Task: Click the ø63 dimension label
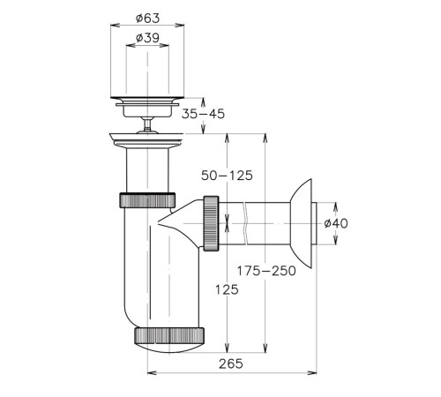pyautogui.click(x=147, y=19)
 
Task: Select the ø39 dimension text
pyautogui.click(x=147, y=38)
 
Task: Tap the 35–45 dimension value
pyautogui.click(x=203, y=114)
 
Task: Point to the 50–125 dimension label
pyautogui.click(x=227, y=176)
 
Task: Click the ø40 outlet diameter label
pyautogui.click(x=336, y=223)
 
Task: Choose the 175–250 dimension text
pyautogui.click(x=266, y=271)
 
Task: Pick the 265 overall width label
pyautogui.click(x=231, y=363)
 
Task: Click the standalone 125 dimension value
pyautogui.click(x=227, y=290)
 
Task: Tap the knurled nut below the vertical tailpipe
pyautogui.click(x=147, y=200)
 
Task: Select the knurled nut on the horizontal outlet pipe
pyautogui.click(x=211, y=223)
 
